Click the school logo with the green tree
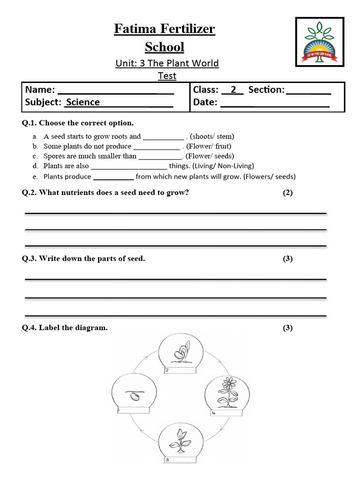click(x=319, y=42)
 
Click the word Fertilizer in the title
click(x=187, y=29)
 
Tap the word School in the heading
click(x=165, y=47)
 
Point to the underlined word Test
click(x=167, y=75)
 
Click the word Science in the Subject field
click(x=83, y=102)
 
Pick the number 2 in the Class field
click(x=233, y=90)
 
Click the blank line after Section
click(x=308, y=93)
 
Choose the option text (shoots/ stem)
click(x=212, y=136)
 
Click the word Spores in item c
click(x=54, y=156)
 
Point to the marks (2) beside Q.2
click(x=287, y=193)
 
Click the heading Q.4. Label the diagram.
click(x=65, y=328)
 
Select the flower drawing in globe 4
click(x=228, y=391)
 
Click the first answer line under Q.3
click(x=175, y=279)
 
